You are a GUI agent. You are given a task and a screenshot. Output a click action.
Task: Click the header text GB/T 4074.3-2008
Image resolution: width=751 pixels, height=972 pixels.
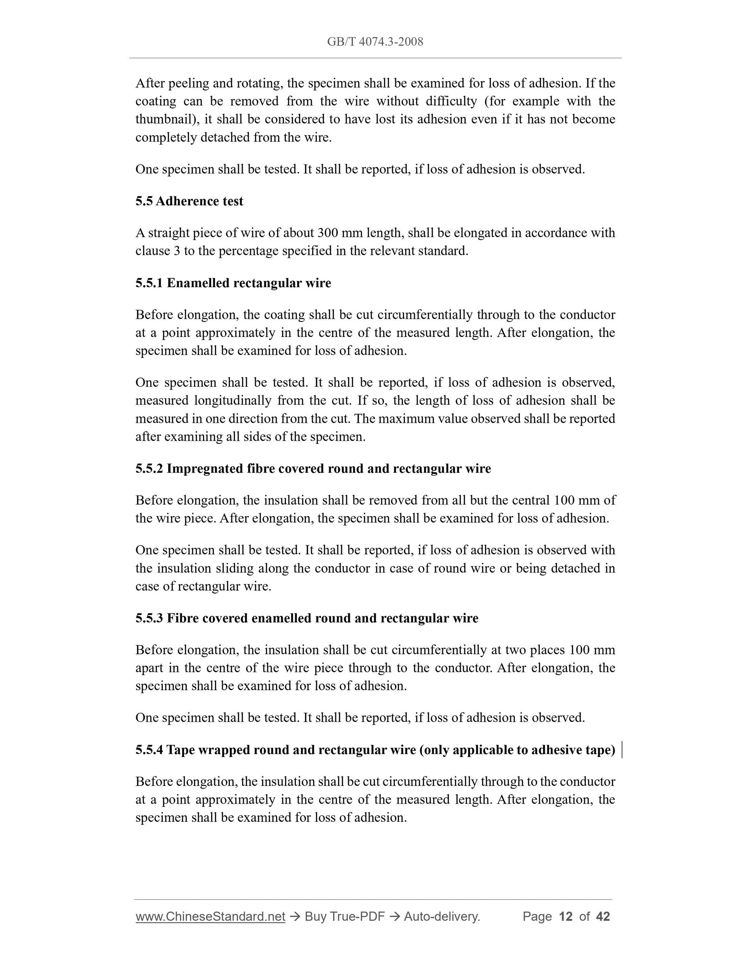[375, 42]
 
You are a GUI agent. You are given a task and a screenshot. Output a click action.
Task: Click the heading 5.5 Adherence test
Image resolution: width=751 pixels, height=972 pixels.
[189, 201]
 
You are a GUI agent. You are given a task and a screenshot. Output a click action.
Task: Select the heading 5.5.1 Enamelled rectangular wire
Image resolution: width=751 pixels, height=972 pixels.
[233, 283]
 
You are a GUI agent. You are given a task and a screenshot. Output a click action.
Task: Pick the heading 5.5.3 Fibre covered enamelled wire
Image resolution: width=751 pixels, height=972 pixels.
[306, 618]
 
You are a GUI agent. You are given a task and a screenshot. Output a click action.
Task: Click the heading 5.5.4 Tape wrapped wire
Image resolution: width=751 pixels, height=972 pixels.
[375, 750]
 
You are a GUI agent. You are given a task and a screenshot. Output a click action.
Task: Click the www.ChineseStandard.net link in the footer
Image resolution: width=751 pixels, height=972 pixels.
[210, 916]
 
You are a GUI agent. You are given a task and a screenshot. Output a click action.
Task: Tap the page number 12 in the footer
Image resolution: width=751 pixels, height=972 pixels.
[565, 916]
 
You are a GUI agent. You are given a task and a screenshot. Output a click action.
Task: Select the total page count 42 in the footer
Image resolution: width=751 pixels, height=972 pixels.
[603, 916]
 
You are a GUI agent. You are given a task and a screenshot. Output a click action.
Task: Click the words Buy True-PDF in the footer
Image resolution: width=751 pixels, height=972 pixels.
[344, 916]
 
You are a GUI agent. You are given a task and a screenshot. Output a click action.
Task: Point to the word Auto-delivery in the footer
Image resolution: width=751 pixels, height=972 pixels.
[442, 916]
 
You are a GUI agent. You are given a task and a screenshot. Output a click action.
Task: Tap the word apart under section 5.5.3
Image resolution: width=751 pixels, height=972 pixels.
[149, 668]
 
